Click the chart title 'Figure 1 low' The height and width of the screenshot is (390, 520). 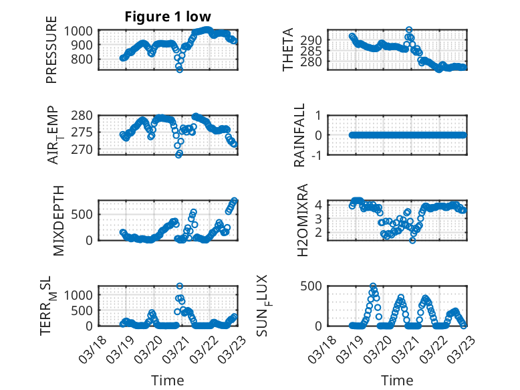[x=168, y=17]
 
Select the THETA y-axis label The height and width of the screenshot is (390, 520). [x=288, y=50]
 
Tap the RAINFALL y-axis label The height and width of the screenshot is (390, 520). [x=299, y=134]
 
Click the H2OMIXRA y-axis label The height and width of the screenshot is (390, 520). [x=302, y=220]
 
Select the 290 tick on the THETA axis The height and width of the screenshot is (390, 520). [x=315, y=40]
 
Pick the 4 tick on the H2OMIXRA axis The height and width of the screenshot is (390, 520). [x=319, y=204]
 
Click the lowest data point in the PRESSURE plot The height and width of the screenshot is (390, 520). [x=179, y=69]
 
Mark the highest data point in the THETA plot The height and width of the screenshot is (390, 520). [x=409, y=30]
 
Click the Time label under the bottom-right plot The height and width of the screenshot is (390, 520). [x=397, y=380]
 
